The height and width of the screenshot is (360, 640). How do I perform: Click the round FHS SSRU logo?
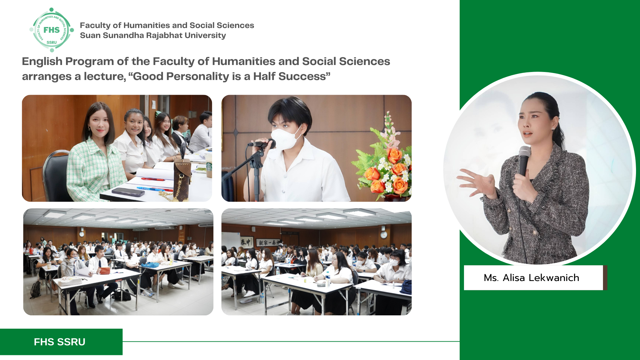52,30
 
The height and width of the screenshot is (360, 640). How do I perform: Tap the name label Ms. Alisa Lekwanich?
532,278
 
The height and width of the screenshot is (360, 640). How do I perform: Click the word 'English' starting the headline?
42,62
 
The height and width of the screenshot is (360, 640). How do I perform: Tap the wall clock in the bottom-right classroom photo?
384,235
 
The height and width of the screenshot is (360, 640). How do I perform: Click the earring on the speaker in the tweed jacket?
553,129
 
